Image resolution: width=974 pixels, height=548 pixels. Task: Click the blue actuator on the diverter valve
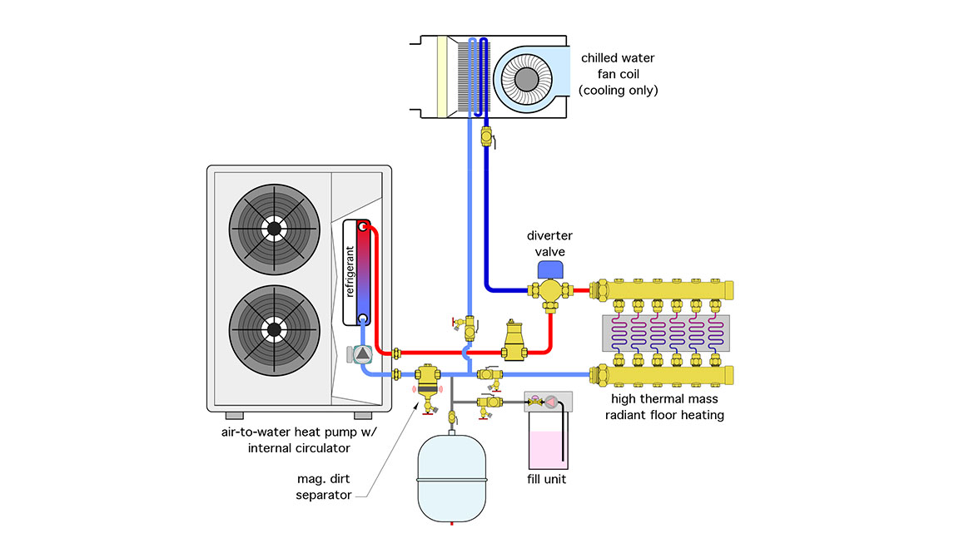tap(549, 270)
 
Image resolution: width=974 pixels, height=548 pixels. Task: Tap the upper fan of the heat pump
tap(274, 229)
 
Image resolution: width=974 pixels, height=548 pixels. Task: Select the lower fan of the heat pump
tap(274, 330)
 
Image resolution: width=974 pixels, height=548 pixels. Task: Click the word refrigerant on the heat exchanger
tap(350, 272)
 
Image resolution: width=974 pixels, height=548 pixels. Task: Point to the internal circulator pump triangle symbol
tap(362, 354)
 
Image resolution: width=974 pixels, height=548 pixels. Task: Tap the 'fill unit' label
tap(547, 479)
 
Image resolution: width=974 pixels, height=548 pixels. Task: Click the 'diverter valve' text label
tap(549, 244)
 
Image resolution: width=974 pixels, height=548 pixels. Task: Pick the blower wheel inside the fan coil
tap(527, 80)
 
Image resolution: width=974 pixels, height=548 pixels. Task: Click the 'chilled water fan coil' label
tap(618, 74)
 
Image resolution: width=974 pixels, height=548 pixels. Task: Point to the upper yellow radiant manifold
tap(662, 290)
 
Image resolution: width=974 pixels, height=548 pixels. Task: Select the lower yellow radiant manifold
tap(662, 376)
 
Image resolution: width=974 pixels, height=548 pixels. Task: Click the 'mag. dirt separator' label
tap(324, 486)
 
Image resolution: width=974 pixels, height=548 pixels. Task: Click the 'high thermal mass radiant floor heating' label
tap(664, 407)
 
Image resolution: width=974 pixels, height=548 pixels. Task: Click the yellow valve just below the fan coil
tap(487, 136)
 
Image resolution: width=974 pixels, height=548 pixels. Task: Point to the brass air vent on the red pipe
tap(514, 341)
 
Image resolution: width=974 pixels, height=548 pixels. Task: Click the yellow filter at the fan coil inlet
tap(442, 77)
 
